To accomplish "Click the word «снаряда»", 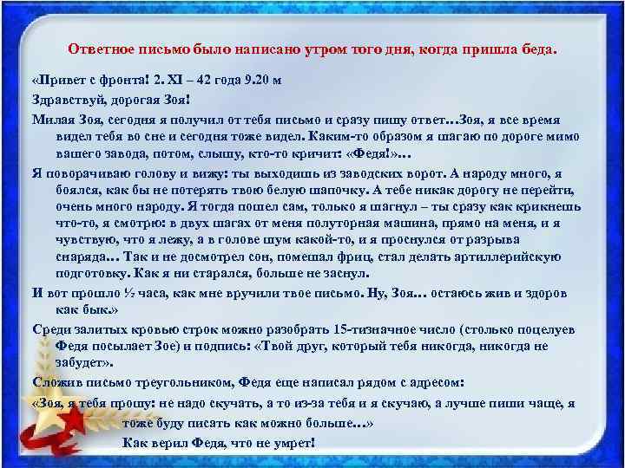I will pos(82,257).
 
